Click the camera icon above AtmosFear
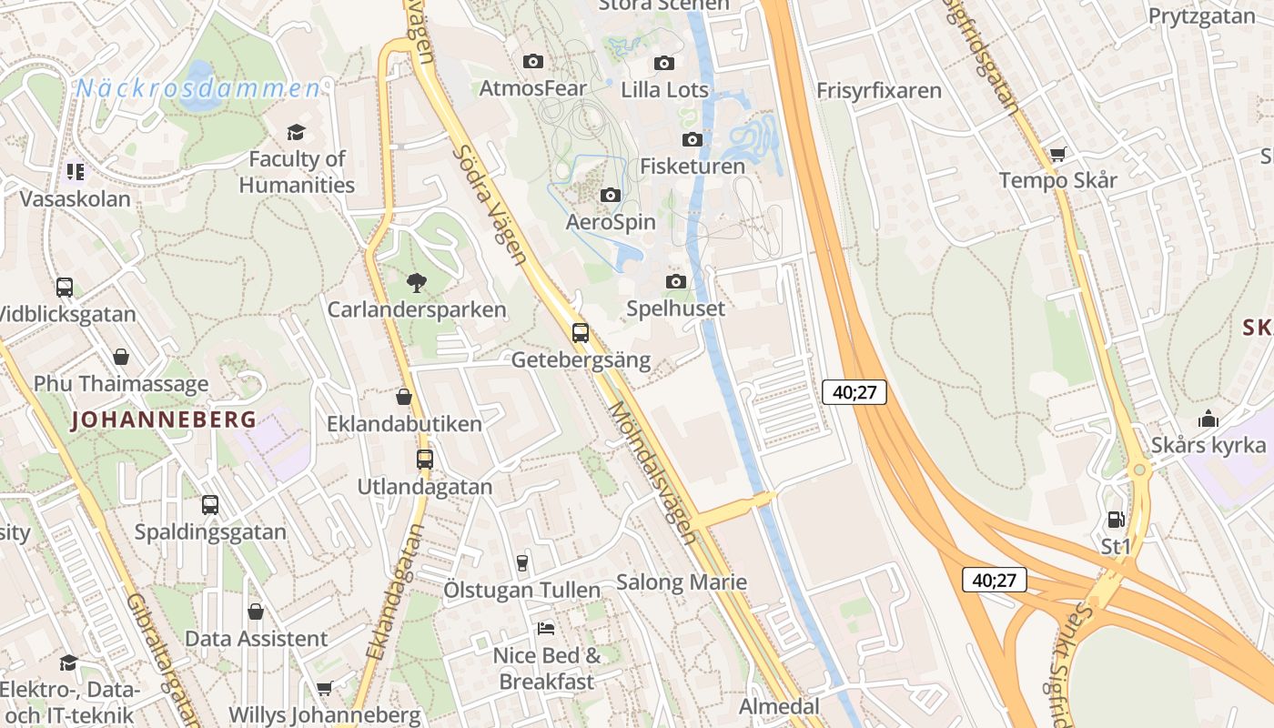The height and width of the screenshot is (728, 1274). [533, 61]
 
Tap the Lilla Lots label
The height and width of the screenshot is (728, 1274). [664, 90]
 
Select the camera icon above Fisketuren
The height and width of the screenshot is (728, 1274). [693, 139]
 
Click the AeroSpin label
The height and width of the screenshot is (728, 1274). [611, 222]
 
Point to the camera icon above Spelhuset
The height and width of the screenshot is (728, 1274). [675, 281]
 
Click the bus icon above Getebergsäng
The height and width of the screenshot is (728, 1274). [581, 332]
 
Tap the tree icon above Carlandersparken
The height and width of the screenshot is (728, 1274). [417, 282]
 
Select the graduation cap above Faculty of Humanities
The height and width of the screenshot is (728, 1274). [296, 133]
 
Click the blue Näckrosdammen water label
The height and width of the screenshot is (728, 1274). [198, 88]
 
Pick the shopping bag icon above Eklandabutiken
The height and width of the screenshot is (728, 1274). [404, 397]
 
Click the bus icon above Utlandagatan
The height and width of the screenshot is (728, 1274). [425, 459]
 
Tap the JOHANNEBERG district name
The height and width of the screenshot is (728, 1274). [164, 420]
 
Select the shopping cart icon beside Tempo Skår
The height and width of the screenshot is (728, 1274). [1057, 154]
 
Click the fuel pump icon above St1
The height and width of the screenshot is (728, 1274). [1116, 520]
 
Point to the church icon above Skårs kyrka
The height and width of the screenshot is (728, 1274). [1208, 419]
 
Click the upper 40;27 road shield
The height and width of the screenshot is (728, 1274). [854, 392]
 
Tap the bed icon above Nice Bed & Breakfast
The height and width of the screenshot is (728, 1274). [546, 628]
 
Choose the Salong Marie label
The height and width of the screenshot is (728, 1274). [682, 582]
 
